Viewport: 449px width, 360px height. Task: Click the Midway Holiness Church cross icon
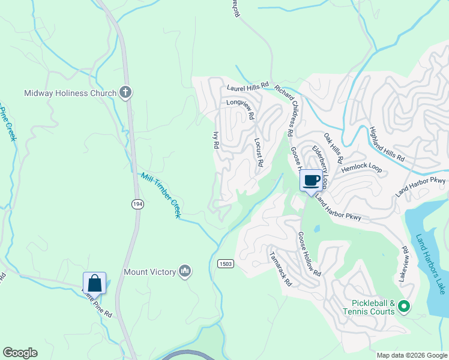tap(125, 92)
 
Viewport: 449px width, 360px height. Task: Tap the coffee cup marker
tap(311, 180)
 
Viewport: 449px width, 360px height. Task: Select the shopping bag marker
tap(95, 283)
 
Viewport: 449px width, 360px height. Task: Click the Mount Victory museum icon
tap(185, 272)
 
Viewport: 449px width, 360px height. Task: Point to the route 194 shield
tap(137, 204)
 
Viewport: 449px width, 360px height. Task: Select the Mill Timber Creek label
tap(161, 195)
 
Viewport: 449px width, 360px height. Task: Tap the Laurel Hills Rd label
tap(247, 88)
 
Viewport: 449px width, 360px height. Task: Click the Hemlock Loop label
tap(362, 169)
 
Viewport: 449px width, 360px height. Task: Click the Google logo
tap(20, 353)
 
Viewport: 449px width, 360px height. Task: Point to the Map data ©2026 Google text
tap(411, 355)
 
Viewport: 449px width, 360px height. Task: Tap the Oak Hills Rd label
tap(333, 149)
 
